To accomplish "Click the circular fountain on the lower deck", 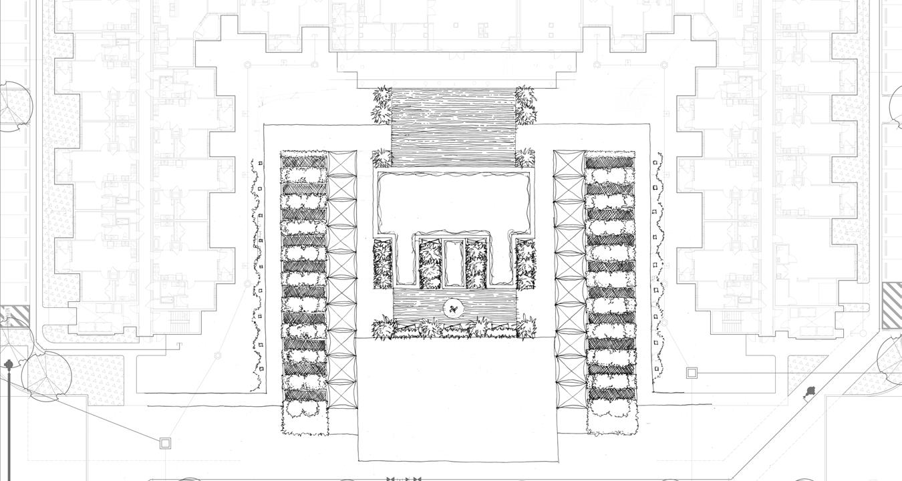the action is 454,309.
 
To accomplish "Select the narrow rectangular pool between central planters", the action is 454,263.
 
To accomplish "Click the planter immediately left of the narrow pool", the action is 430,263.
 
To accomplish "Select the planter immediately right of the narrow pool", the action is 477,263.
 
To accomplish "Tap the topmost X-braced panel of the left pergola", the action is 341,163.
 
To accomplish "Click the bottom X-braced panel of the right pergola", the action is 569,394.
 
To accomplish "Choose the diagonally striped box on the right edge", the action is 892,305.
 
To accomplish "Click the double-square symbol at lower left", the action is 165,442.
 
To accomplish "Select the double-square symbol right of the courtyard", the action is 692,373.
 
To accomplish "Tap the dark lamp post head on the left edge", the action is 9,365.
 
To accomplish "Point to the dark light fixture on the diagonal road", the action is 809,391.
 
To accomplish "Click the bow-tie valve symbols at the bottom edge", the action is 404,478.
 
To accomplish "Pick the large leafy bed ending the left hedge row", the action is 305,418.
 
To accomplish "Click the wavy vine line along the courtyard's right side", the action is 659,267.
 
